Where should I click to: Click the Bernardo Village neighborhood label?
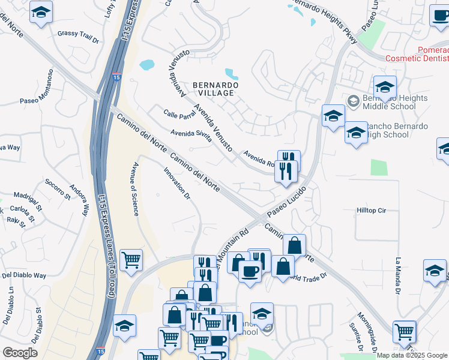215,89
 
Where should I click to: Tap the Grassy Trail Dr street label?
78,34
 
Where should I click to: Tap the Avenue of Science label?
136,188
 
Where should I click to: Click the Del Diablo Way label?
24,275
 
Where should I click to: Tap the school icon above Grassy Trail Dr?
41,12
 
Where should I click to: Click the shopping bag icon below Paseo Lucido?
294,245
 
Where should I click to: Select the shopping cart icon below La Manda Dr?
405,331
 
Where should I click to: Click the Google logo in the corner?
20,353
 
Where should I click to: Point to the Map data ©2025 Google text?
412,355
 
